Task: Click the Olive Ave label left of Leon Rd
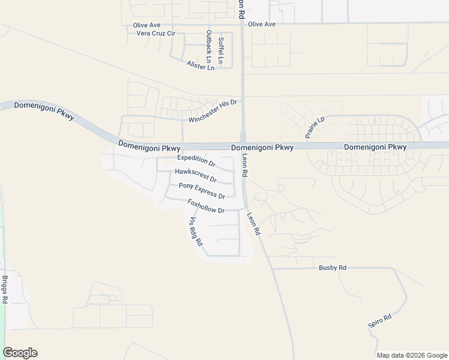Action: (x=147, y=25)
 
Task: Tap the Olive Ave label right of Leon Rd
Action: (x=262, y=24)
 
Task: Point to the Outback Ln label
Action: (x=209, y=46)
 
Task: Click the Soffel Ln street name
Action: (x=221, y=50)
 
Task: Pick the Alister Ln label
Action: (x=200, y=66)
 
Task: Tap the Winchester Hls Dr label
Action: (x=213, y=111)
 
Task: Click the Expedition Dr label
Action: (x=196, y=160)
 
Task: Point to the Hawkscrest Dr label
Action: (x=196, y=175)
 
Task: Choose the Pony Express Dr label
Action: (x=202, y=191)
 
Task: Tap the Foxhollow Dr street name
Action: (x=206, y=206)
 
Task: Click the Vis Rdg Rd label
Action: (x=197, y=233)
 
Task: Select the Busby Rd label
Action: (x=333, y=268)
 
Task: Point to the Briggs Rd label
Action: (x=5, y=290)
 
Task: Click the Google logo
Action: (x=20, y=353)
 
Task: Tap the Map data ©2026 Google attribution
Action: (x=411, y=355)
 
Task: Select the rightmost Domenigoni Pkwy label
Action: (x=375, y=147)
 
